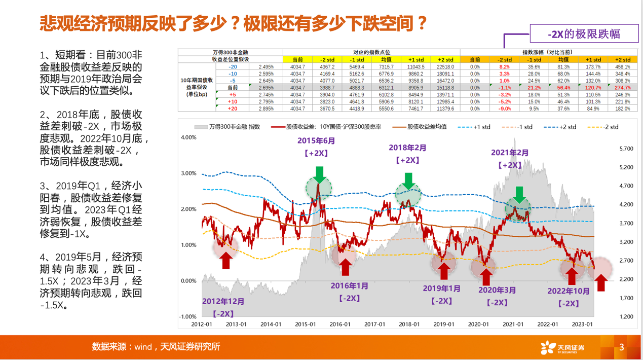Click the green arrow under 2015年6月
click(x=319, y=174)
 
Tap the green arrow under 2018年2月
click(x=408, y=181)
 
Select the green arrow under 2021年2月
click(x=519, y=195)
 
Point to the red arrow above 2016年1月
click(x=346, y=267)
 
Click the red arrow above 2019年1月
click(x=444, y=270)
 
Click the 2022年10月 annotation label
click(x=569, y=291)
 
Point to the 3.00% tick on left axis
click(x=188, y=173)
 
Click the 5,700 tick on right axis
click(x=626, y=149)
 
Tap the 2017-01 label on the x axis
click(x=374, y=325)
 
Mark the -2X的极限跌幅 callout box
click(x=584, y=34)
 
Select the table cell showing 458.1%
click(x=622, y=67)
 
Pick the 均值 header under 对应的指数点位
click(x=386, y=59)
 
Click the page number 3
click(x=622, y=347)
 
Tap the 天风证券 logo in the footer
click(x=562, y=347)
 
